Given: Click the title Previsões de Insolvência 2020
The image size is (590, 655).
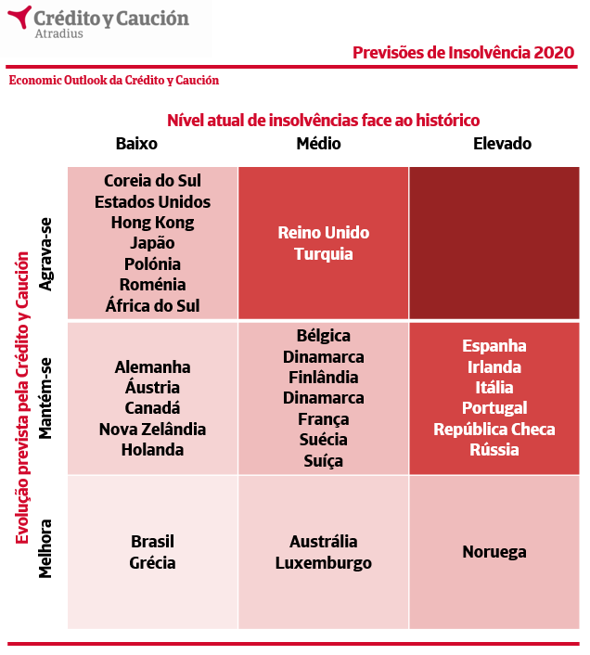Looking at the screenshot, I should tap(463, 52).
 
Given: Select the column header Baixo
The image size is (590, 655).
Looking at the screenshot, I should tap(136, 144).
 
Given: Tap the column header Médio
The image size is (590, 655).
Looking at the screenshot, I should tap(318, 144).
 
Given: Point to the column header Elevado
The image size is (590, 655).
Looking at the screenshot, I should tap(502, 144).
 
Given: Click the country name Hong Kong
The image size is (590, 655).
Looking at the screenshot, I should tap(152, 223).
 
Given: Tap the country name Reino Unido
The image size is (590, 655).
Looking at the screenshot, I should tap(323, 233).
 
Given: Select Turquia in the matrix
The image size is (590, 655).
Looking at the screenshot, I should tap(323, 253).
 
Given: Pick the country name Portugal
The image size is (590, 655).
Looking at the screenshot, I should tap(494, 408).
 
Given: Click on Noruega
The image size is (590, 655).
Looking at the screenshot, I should tap(494, 552).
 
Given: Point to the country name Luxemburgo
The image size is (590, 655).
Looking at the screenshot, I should tap(323, 563).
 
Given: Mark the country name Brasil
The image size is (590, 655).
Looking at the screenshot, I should tap(152, 542).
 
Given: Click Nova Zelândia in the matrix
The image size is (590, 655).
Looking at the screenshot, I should tap(152, 430).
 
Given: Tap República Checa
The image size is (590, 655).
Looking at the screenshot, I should tap(494, 430).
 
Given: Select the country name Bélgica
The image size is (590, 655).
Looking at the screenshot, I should tap(323, 336).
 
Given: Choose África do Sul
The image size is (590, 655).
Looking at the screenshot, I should tap(152, 305).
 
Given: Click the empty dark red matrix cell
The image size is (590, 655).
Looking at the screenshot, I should tap(494, 243).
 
